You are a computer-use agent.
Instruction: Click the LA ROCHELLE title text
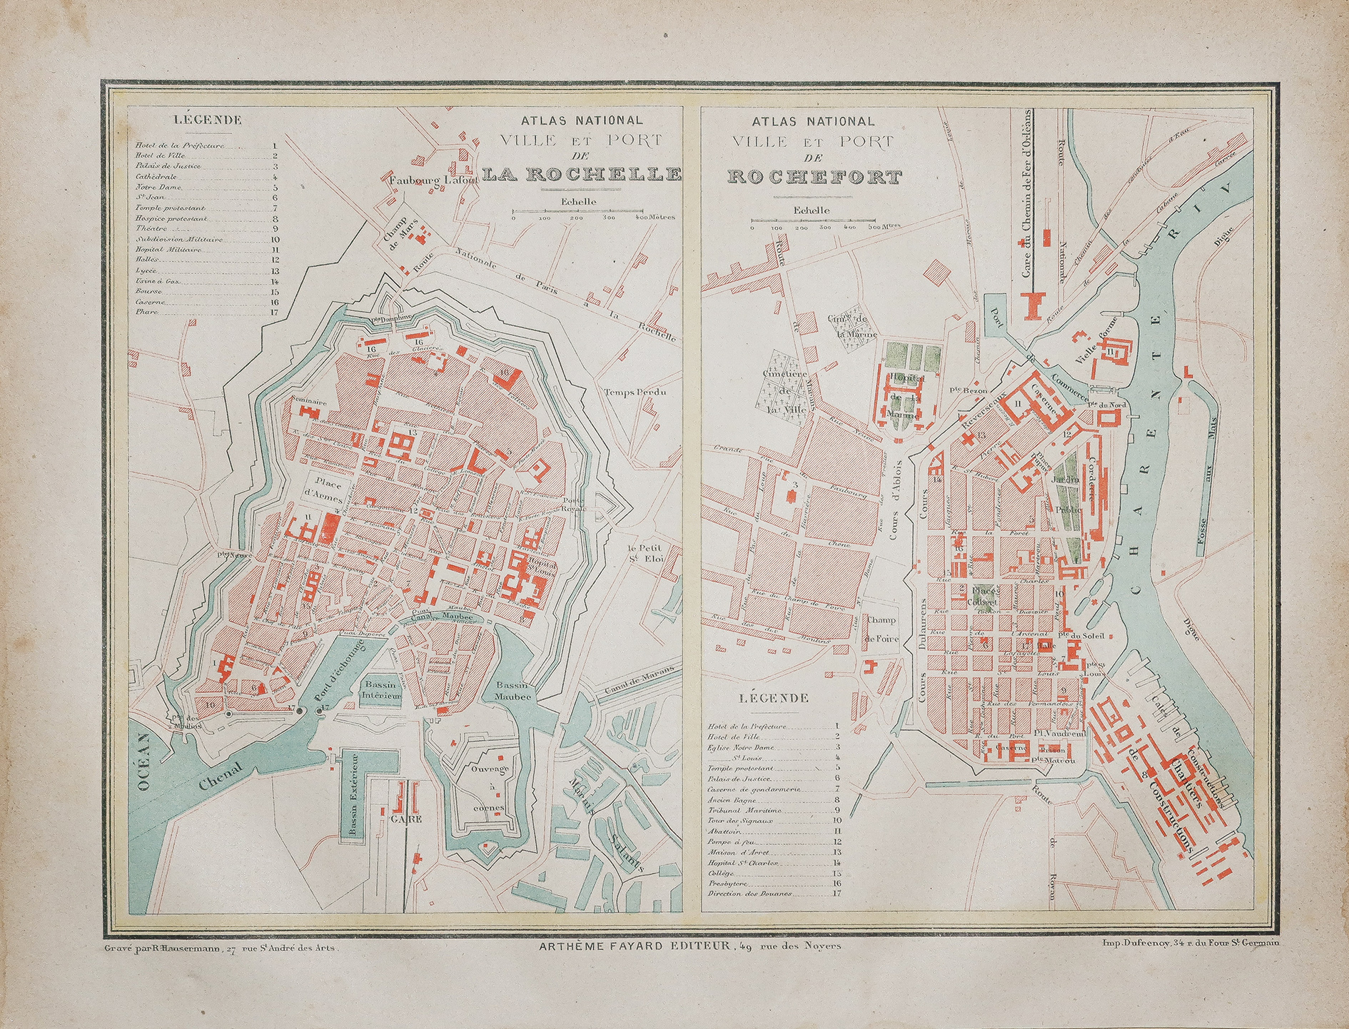581,173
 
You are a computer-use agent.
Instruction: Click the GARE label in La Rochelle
405,819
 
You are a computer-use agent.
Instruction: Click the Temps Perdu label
635,392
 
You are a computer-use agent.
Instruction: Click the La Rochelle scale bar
578,211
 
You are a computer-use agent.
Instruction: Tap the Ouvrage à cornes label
489,788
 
